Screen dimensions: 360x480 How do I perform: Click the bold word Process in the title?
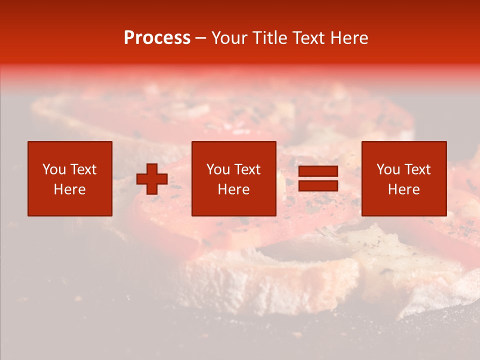coord(157,38)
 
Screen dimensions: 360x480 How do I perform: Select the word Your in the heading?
coord(229,38)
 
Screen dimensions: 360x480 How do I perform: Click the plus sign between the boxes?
coord(152,178)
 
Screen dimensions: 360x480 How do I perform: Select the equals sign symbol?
coord(318,178)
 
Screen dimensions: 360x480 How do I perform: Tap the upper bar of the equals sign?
coord(318,171)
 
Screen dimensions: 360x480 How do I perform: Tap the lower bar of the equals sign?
coord(318,185)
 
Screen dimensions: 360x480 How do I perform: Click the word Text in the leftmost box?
coord(83,169)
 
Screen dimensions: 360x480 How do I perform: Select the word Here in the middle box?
coord(233,189)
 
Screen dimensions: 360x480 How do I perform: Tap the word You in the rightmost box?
coord(388,169)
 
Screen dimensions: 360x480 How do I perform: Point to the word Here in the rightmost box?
coord(403,189)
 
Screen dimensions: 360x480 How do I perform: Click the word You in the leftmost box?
coord(54,169)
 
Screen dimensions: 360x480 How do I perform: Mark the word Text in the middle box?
coord(247,169)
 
